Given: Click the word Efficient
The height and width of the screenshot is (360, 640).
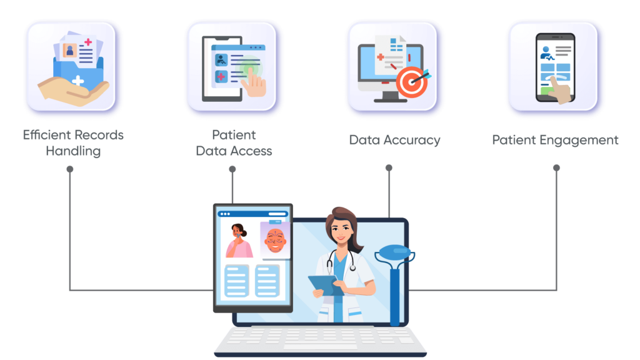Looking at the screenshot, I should (x=47, y=135).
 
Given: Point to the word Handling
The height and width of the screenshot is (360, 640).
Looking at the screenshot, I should (x=73, y=151).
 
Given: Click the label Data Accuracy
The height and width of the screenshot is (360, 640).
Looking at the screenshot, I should (x=394, y=140).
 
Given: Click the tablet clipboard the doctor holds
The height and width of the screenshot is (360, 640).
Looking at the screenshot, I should (x=322, y=284).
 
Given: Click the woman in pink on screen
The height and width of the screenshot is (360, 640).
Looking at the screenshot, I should (x=239, y=241).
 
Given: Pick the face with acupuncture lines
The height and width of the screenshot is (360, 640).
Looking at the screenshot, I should (x=274, y=240).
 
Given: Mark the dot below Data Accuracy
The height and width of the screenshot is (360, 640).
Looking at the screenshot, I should (x=389, y=168).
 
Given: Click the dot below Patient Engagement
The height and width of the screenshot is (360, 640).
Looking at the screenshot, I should (x=556, y=168).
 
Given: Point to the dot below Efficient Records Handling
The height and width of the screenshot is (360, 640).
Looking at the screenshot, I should (x=70, y=169).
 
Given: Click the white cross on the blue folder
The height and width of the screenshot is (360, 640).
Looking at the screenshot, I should (x=77, y=81).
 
